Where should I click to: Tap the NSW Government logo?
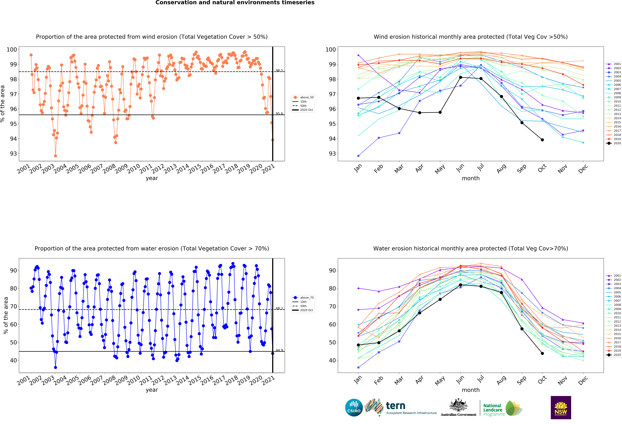[x=561, y=407]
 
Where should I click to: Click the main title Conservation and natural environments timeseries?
[x=235, y=3]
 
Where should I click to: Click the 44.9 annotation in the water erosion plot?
[x=279, y=350]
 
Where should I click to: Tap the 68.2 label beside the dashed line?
[x=279, y=308]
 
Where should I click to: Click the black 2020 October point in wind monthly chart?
[x=542, y=140]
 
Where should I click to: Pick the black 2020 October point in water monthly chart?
[x=542, y=353]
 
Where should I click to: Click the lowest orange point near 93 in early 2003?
[x=55, y=156]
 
